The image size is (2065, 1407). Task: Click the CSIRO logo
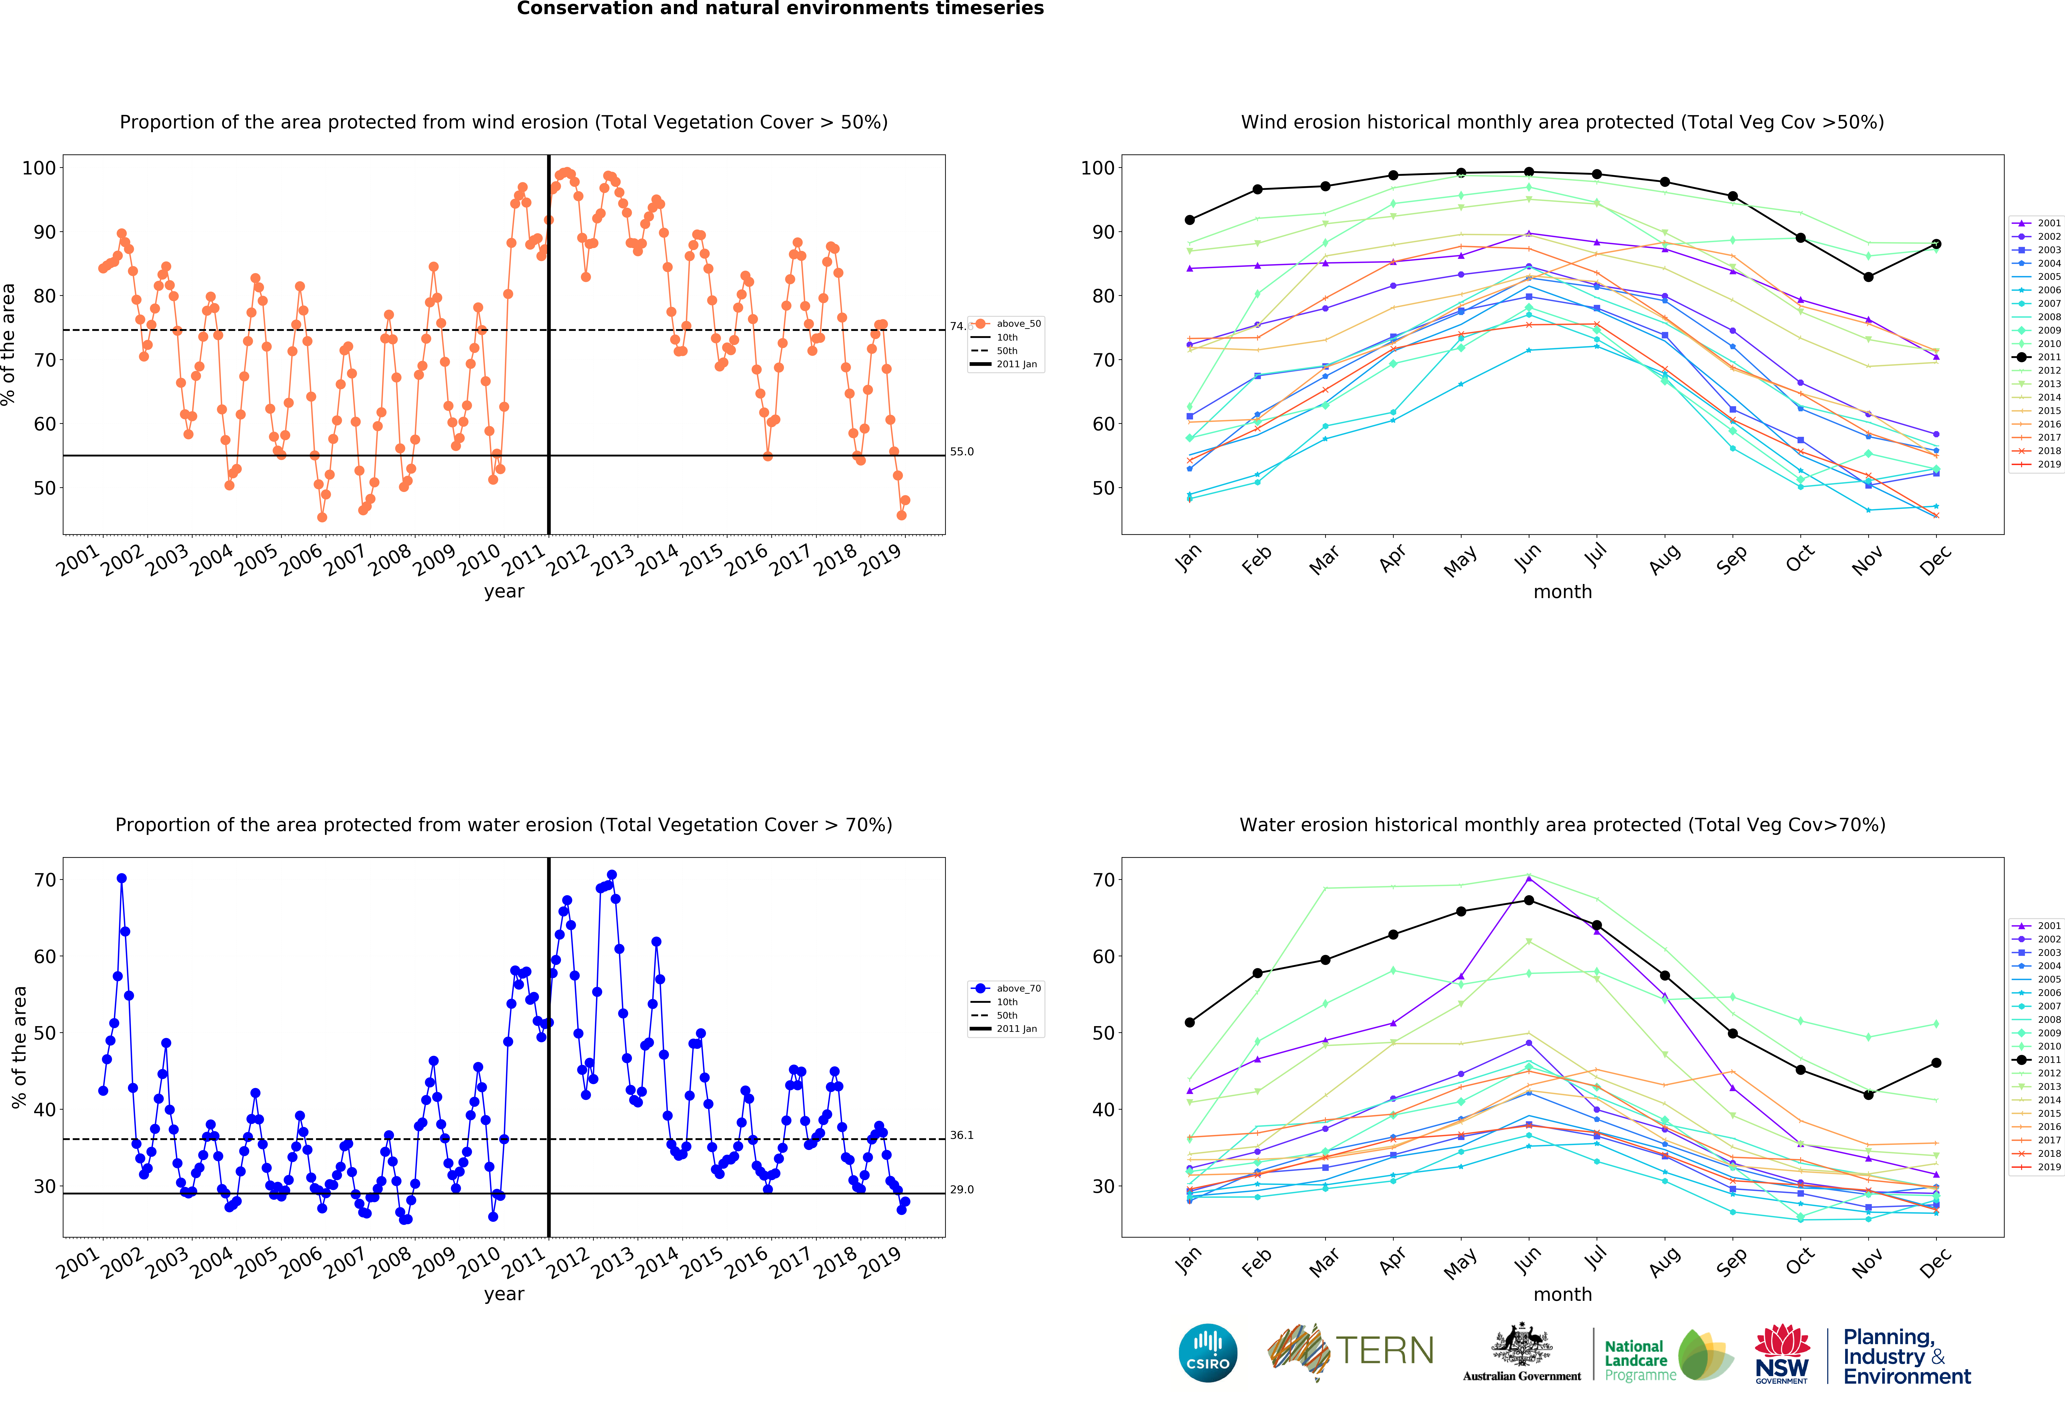[x=1208, y=1353]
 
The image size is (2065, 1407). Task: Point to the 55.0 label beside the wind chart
[x=961, y=451]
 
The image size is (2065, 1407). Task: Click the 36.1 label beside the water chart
[x=961, y=1135]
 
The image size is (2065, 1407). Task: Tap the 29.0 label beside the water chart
[x=961, y=1189]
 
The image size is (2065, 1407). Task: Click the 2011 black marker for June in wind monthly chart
[x=1528, y=172]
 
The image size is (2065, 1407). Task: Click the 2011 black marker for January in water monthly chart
[x=1190, y=1022]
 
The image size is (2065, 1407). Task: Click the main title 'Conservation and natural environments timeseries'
[x=780, y=9]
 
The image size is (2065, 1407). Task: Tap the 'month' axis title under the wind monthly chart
[x=1562, y=591]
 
